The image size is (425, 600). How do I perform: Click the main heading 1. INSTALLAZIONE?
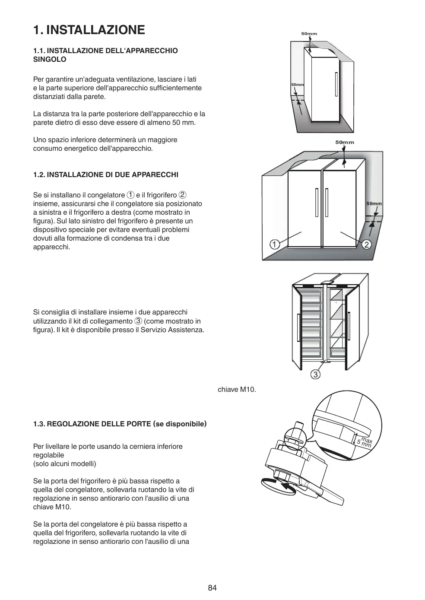click(x=89, y=30)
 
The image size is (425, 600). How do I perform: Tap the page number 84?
click(x=212, y=587)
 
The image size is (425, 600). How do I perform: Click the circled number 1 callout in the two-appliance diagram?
click(x=275, y=244)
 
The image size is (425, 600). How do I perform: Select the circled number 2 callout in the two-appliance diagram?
click(x=367, y=245)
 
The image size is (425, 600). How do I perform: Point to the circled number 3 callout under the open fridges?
click(x=316, y=374)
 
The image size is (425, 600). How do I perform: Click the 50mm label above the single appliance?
click(x=309, y=34)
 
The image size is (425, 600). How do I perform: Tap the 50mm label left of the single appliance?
click(x=297, y=85)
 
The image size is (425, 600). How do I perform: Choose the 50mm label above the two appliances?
click(x=344, y=142)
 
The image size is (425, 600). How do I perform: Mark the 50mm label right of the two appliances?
click(x=374, y=203)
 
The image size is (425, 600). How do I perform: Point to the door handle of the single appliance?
click(x=336, y=84)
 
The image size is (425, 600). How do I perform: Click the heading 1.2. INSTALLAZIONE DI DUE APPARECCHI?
click(x=106, y=175)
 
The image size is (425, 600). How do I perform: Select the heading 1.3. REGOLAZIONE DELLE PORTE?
click(x=120, y=424)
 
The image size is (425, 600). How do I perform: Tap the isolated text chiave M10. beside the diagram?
click(x=237, y=390)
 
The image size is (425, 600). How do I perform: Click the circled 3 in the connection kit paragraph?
click(x=138, y=321)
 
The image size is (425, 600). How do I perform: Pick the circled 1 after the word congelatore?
click(x=130, y=195)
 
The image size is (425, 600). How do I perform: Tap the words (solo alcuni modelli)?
click(x=65, y=463)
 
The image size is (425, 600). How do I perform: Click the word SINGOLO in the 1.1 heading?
click(x=50, y=59)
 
